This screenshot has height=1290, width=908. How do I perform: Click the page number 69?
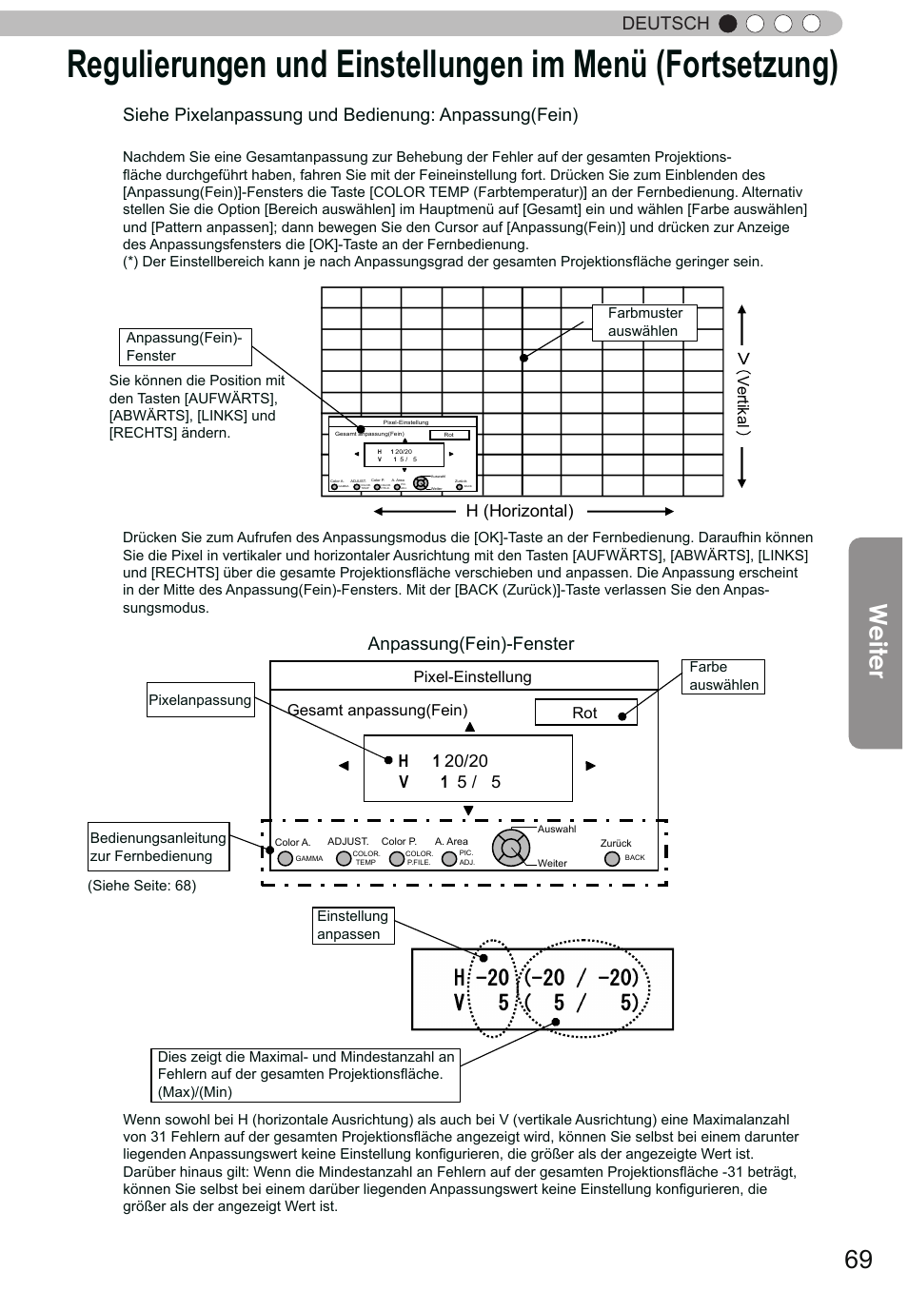(x=857, y=1260)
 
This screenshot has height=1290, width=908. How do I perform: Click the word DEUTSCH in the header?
(x=665, y=24)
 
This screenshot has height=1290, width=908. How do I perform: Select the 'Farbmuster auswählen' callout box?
(x=644, y=322)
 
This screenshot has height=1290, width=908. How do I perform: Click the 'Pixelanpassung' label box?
(x=200, y=700)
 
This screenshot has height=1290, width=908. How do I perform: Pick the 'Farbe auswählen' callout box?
(x=723, y=676)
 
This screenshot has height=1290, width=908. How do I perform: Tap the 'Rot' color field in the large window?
(x=585, y=713)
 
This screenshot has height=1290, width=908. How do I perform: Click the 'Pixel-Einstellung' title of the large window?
(x=472, y=676)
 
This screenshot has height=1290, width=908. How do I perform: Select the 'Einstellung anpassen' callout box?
(x=353, y=926)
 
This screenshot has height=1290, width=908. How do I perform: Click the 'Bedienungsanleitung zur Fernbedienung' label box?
(x=158, y=847)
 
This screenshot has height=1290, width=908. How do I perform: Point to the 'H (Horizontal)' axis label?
(x=520, y=511)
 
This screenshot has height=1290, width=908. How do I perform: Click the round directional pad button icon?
(x=510, y=848)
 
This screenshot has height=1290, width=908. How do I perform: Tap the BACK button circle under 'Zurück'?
(x=612, y=858)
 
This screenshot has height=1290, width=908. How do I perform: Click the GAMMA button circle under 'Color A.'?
(x=284, y=858)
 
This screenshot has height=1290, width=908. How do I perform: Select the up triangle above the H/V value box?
(x=469, y=728)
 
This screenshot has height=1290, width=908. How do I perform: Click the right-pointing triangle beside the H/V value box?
(x=590, y=766)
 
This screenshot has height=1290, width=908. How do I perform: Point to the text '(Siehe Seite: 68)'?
(x=142, y=886)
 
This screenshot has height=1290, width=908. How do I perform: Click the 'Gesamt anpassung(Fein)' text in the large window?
(x=378, y=711)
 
